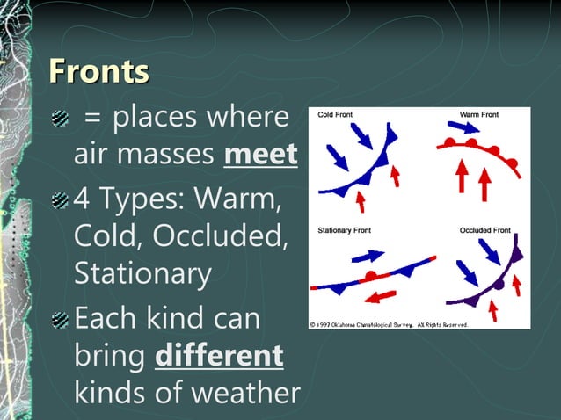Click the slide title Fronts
[98, 71]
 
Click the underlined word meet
[261, 156]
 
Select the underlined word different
[219, 356]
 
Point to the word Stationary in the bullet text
[142, 273]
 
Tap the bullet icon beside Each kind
[60, 318]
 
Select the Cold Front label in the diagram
[337, 115]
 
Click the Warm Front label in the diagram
[478, 115]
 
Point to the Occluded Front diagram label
[484, 230]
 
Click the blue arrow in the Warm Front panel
[470, 129]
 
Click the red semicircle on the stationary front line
[372, 276]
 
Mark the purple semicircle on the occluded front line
[498, 284]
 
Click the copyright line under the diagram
[388, 324]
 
